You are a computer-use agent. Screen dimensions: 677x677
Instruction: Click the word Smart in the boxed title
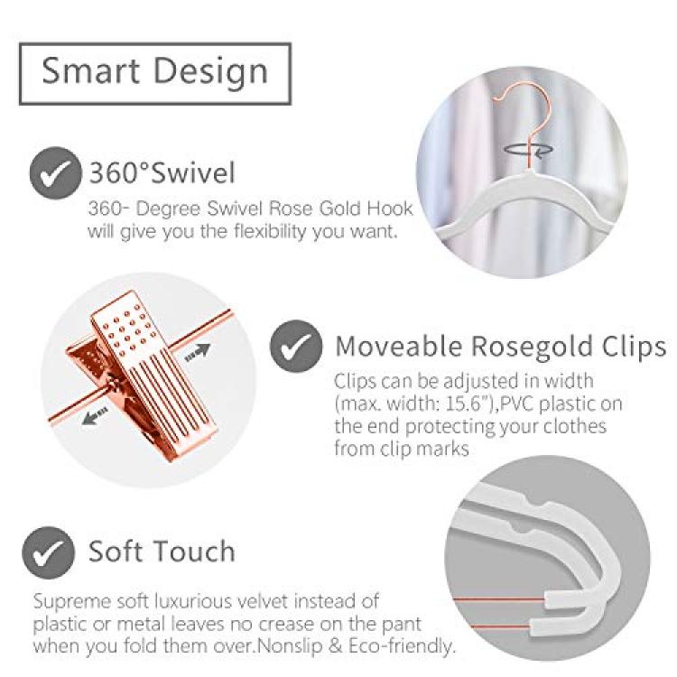coord(90,70)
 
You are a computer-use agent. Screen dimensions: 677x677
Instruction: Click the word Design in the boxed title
coord(210,72)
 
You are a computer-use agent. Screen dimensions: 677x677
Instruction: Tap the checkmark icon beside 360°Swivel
coord(55,173)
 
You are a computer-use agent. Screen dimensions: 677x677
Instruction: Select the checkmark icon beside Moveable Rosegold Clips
coord(296,346)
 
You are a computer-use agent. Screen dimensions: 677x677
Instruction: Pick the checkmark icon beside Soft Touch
coord(48,552)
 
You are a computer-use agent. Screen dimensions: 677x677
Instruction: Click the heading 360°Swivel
coord(162,172)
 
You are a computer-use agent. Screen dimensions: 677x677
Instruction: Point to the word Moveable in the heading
coord(398,346)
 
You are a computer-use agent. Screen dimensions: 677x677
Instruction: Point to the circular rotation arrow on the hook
coord(528,149)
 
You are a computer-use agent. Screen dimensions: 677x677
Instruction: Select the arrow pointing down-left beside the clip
coord(95,416)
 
